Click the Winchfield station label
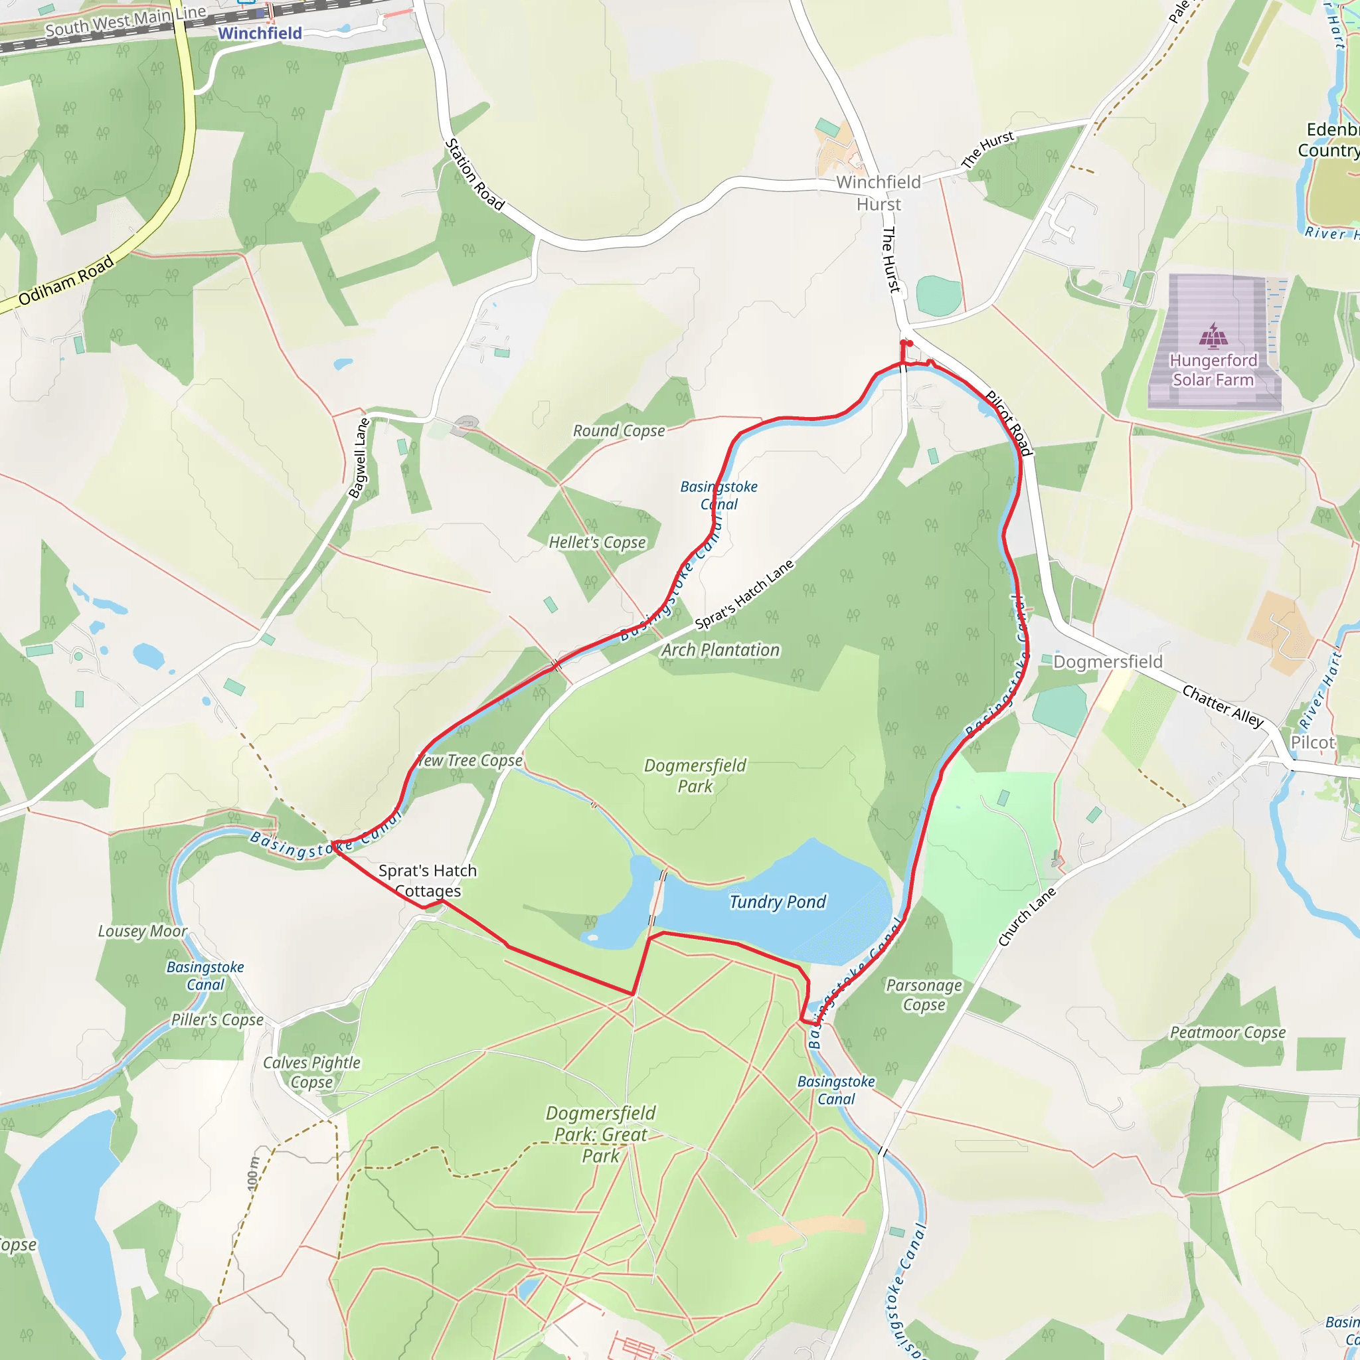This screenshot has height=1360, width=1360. click(260, 33)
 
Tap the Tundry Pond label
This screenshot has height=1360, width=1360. click(777, 902)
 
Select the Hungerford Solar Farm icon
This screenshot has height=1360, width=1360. click(1213, 336)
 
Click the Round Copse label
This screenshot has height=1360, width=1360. click(619, 431)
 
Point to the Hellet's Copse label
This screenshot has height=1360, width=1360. click(597, 542)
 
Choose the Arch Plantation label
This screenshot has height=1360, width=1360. click(720, 649)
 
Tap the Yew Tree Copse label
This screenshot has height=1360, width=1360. click(470, 760)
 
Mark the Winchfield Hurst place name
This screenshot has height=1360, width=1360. click(879, 193)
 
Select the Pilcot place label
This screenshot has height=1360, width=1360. click(1312, 742)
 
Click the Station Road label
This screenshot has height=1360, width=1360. click(474, 175)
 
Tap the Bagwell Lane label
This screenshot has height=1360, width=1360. click(360, 458)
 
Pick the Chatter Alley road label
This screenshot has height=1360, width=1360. click(1223, 706)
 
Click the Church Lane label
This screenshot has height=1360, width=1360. click(1027, 916)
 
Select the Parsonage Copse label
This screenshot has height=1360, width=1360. click(924, 995)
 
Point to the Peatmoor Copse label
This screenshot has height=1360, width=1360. click(1228, 1032)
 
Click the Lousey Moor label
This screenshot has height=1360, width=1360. click(142, 931)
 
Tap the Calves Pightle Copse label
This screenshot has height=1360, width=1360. click(311, 1072)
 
